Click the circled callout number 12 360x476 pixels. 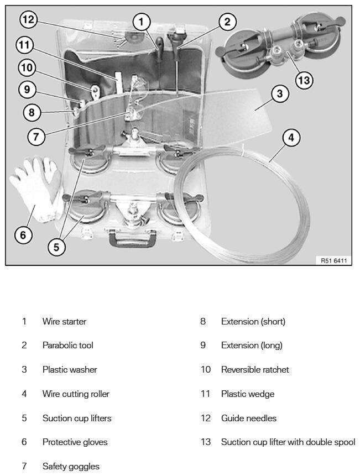(x=29, y=20)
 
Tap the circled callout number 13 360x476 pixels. (x=304, y=80)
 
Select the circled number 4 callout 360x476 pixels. (x=291, y=138)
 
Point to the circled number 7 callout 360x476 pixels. (x=36, y=137)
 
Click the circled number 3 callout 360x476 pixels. (x=280, y=93)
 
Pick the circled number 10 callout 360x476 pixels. (x=27, y=67)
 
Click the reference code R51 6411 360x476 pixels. (x=334, y=260)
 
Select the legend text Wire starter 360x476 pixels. (x=64, y=321)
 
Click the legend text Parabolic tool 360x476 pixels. (x=68, y=345)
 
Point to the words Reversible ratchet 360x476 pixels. (x=255, y=369)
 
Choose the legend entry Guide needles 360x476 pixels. (x=249, y=418)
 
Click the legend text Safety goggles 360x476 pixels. (x=71, y=466)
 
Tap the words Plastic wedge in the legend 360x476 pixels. (x=248, y=394)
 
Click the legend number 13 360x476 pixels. (x=206, y=442)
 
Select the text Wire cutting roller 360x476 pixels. (x=76, y=394)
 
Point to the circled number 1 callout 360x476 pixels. (x=141, y=22)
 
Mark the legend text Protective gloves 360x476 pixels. (x=75, y=442)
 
